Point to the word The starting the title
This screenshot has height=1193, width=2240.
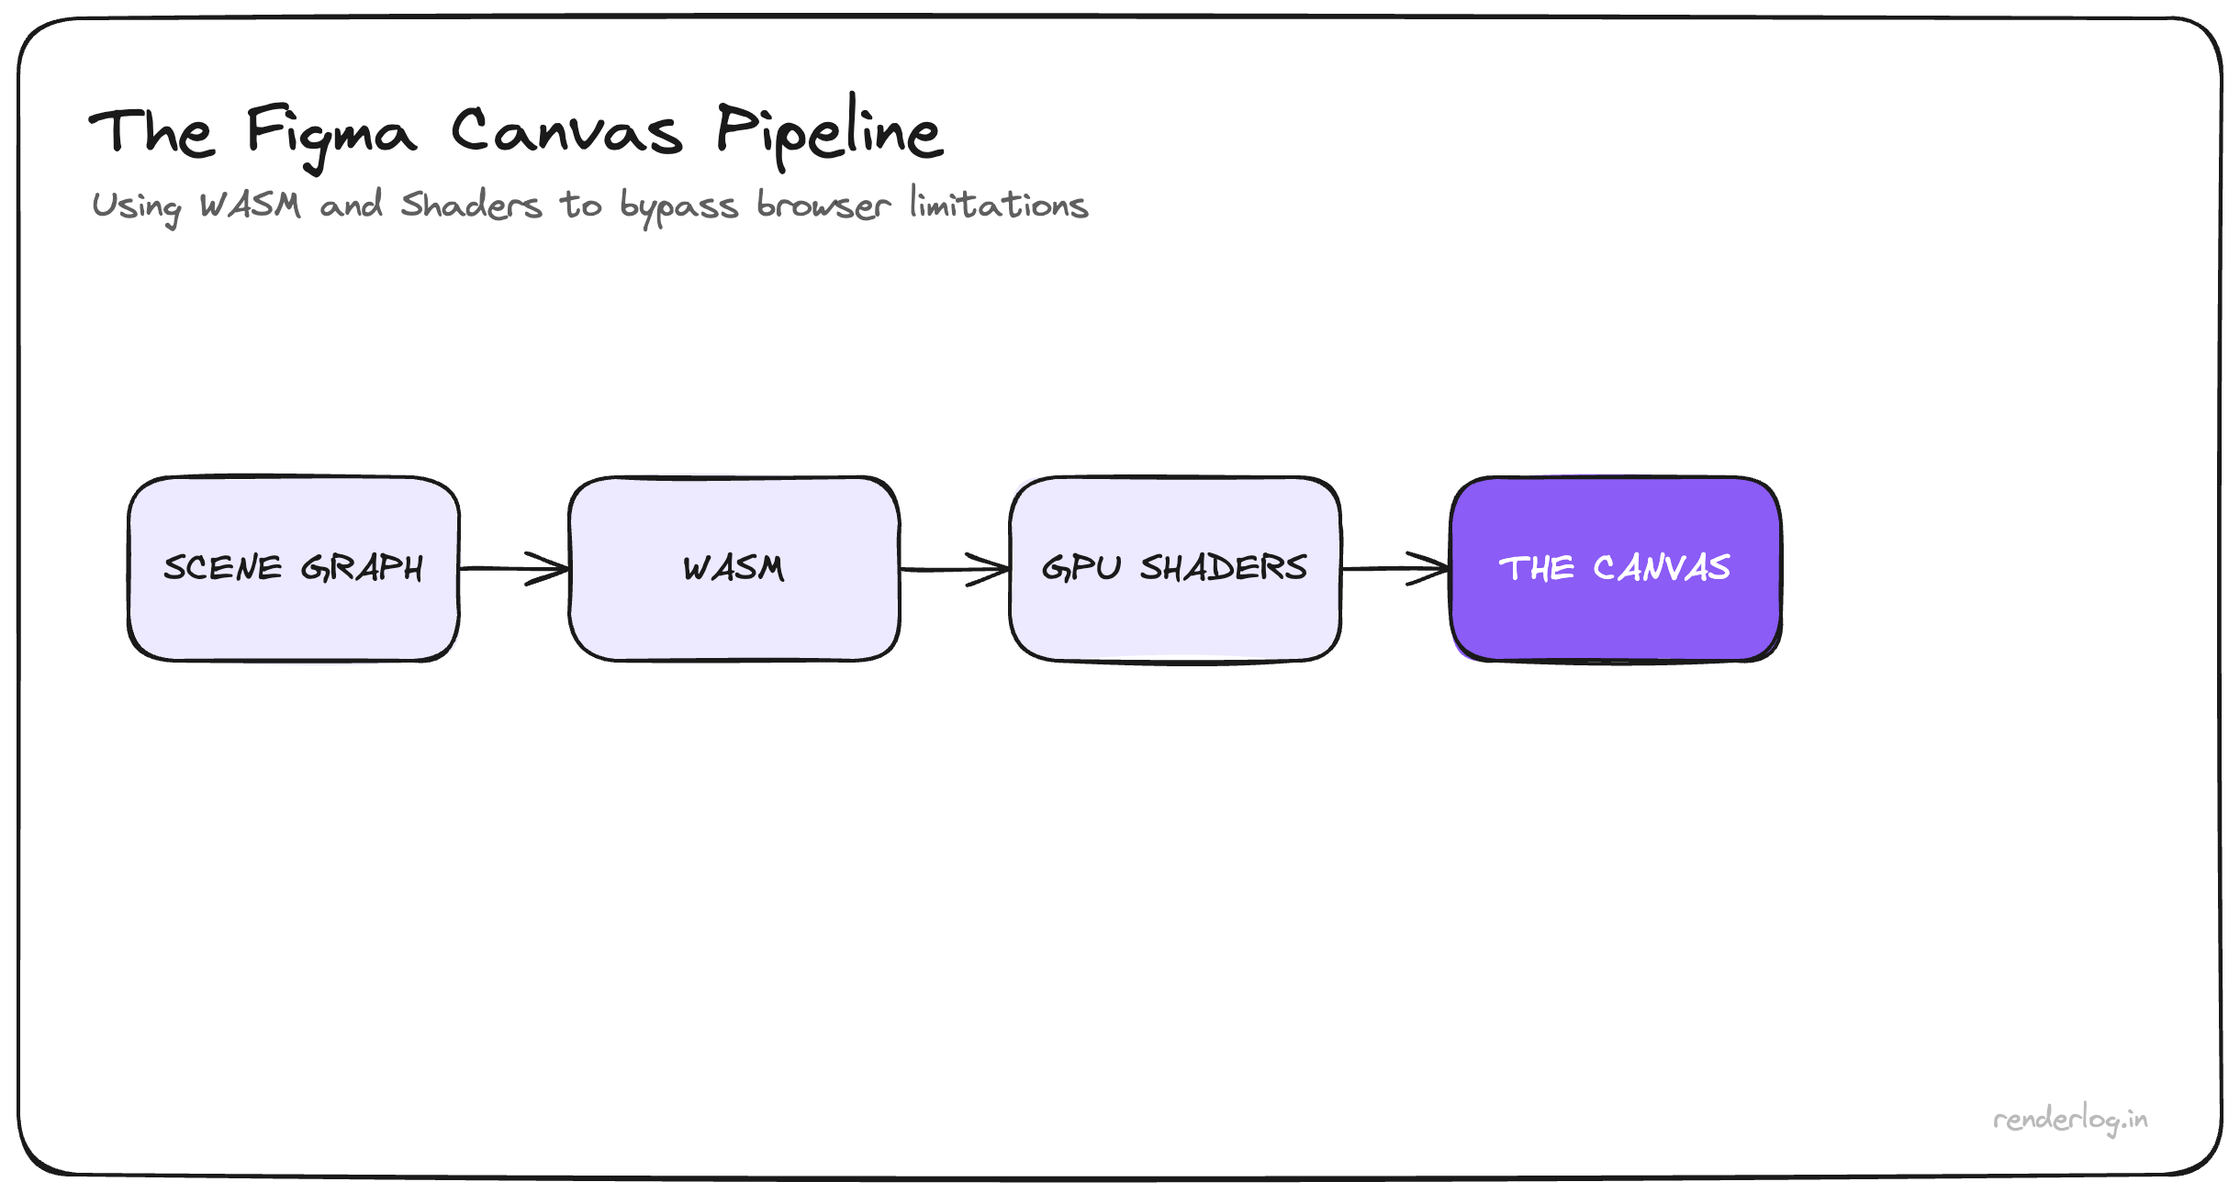[151, 133]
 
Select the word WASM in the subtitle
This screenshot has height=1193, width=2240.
[250, 205]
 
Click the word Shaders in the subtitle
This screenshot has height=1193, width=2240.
[471, 205]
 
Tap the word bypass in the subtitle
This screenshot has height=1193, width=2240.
[678, 206]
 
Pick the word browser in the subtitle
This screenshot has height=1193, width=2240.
[823, 205]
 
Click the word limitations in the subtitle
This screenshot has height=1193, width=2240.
[999, 203]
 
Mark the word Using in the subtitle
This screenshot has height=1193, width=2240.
[136, 206]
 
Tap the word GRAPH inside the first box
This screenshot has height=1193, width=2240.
[362, 568]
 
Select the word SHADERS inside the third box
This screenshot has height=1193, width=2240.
[1224, 568]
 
